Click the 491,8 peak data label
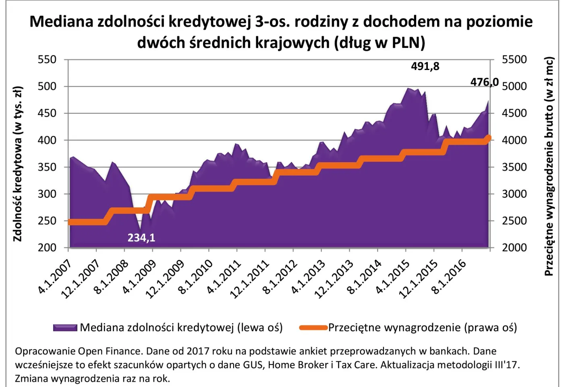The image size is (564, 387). point(425,66)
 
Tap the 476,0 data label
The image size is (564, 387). point(484,82)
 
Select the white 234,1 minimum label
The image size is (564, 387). point(141,238)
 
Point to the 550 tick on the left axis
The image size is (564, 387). point(47,60)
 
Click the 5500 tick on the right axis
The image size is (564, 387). point(514,60)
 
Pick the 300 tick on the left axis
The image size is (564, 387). point(47,194)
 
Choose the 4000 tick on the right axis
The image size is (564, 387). point(514,140)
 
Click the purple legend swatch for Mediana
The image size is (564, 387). point(65,328)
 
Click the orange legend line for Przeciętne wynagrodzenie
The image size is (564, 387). point(313,328)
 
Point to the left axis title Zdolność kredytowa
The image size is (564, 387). point(17,164)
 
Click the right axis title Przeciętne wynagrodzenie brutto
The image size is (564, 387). point(549,166)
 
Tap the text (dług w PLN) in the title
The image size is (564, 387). point(379,43)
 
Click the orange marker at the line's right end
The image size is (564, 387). point(488,138)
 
